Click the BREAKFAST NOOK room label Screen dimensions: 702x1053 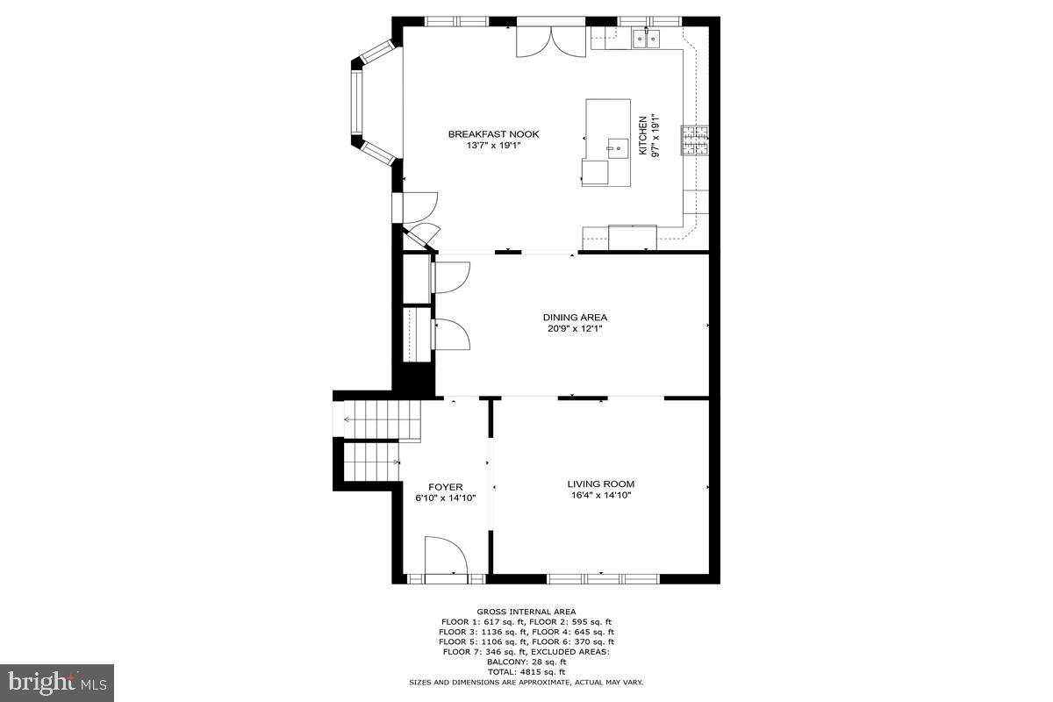[x=493, y=134]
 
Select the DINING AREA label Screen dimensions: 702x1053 [x=575, y=318]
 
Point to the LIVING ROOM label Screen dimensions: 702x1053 [x=600, y=484]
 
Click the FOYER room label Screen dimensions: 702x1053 [x=445, y=487]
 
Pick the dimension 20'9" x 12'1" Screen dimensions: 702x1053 [x=575, y=329]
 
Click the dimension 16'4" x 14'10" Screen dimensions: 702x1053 [x=600, y=495]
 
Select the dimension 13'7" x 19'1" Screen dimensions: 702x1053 [x=493, y=146]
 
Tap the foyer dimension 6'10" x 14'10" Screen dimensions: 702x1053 [x=445, y=498]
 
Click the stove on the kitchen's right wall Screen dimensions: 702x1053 [x=695, y=141]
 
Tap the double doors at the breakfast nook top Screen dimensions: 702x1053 [x=550, y=39]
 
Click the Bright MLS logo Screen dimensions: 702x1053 [x=57, y=680]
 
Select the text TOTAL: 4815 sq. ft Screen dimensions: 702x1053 [x=526, y=671]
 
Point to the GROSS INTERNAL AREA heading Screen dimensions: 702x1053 [x=526, y=612]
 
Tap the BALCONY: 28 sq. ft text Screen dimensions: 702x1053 [x=526, y=662]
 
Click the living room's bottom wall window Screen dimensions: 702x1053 [x=603, y=578]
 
